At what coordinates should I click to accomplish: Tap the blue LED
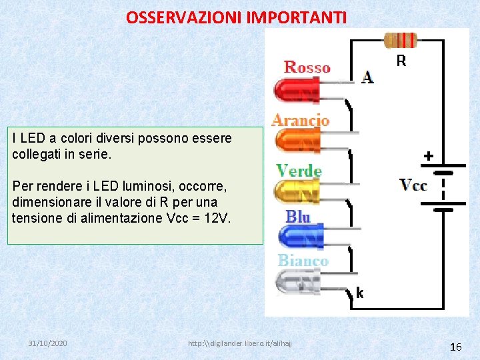point(300,236)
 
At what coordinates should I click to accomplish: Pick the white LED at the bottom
point(299,283)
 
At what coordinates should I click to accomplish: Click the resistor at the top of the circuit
point(401,41)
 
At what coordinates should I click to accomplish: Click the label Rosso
point(307,67)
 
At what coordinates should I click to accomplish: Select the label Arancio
point(300,121)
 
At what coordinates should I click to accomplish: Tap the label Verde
point(299,171)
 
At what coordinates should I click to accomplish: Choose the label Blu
point(298,216)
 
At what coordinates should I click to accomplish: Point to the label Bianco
point(303,261)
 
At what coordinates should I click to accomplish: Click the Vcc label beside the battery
point(413,185)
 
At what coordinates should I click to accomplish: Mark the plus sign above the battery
point(429,156)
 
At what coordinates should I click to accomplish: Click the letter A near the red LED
point(367,77)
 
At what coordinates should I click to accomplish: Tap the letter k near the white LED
point(359,293)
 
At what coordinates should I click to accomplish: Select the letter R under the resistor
point(401,61)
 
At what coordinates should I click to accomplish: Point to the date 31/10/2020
point(47,343)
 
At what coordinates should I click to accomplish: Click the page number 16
point(456,347)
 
